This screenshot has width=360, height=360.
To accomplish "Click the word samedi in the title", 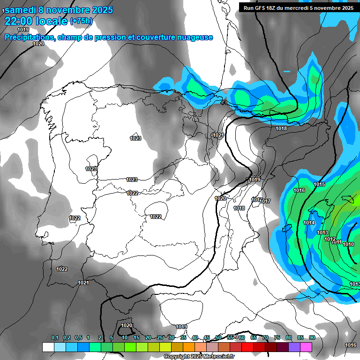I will point(23,10).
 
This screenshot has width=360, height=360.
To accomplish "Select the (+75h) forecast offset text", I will point(81,21).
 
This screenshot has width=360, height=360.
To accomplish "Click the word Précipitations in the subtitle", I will point(29,37).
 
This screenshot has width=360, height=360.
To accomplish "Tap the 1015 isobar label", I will point(319,184).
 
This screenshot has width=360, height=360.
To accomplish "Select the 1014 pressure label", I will point(309,223).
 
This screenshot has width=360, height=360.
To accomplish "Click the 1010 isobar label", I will point(348,244).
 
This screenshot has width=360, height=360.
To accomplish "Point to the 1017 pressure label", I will point(266,201).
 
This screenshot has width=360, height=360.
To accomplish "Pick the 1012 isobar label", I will point(330,239).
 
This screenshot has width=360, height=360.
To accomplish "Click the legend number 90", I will point(312,337).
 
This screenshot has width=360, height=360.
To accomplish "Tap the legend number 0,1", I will point(55,337).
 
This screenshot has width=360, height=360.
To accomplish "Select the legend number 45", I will point(207,337).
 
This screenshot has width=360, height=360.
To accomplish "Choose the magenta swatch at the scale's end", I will point(306,347).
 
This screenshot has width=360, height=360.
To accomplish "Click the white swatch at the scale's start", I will point(48,347).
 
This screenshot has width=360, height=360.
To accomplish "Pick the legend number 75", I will point(277,337).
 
